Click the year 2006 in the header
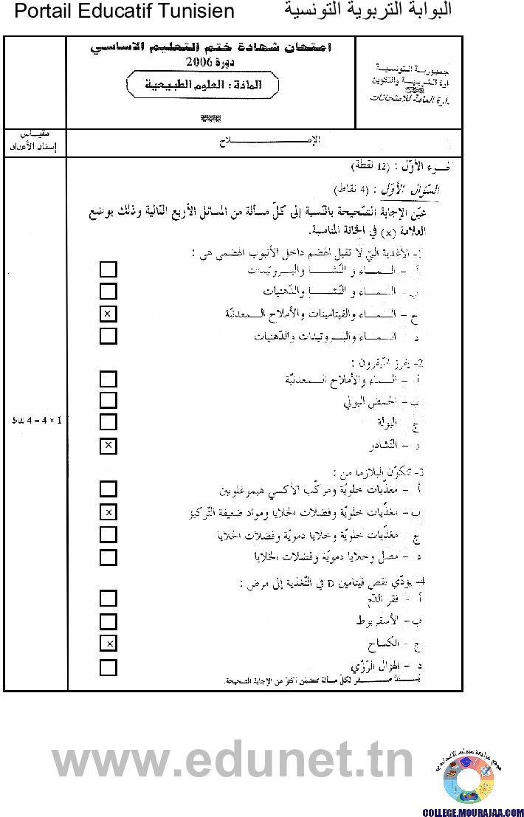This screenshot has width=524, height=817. point(200,62)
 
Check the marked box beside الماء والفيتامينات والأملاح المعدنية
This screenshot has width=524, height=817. point(108,314)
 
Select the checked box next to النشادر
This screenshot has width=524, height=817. point(108,445)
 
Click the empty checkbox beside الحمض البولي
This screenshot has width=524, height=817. point(108,401)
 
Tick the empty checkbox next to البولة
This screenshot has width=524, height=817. point(108,422)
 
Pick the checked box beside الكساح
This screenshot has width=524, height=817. point(108,644)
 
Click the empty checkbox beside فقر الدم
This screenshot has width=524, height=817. point(108,599)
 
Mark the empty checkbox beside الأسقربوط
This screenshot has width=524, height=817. point(108,621)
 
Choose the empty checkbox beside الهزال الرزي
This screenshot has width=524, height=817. point(108,668)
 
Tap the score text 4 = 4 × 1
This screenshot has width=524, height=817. point(37,421)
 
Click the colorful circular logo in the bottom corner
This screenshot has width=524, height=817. point(468,779)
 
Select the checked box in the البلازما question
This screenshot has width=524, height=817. point(108,512)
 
